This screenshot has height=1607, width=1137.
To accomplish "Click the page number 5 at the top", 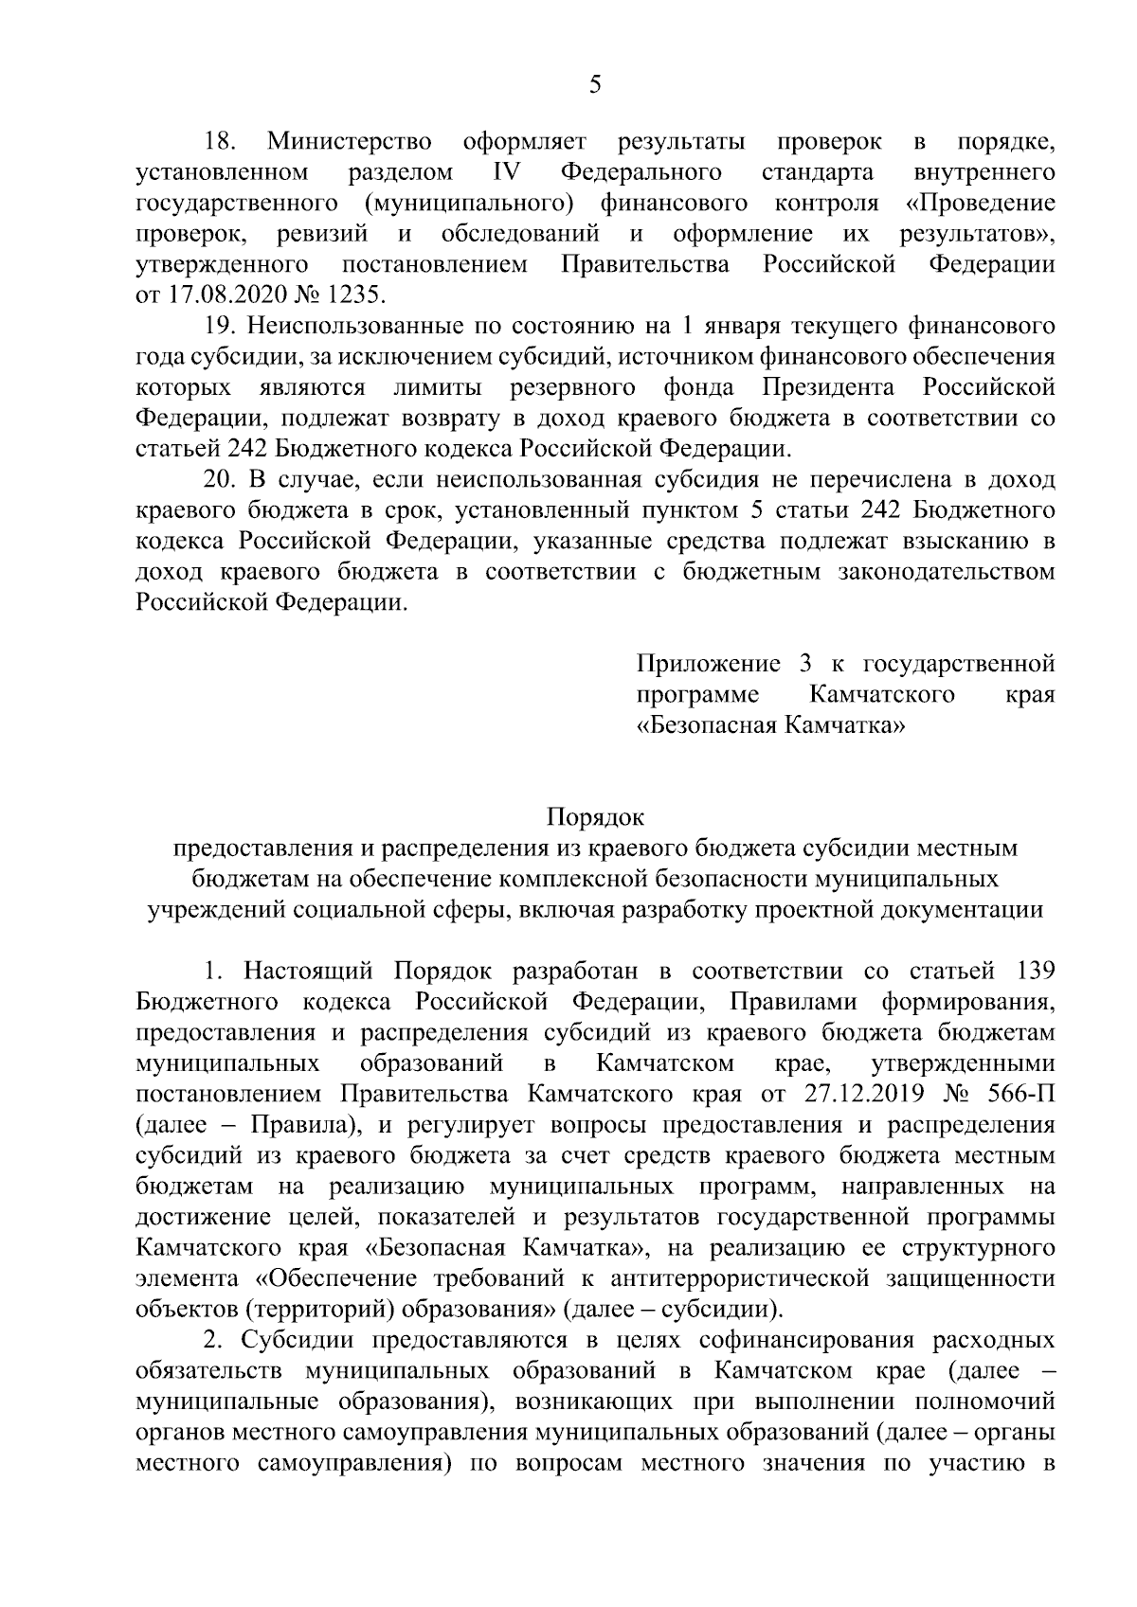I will [594, 86].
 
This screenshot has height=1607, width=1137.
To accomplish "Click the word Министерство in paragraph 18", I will [350, 143].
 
